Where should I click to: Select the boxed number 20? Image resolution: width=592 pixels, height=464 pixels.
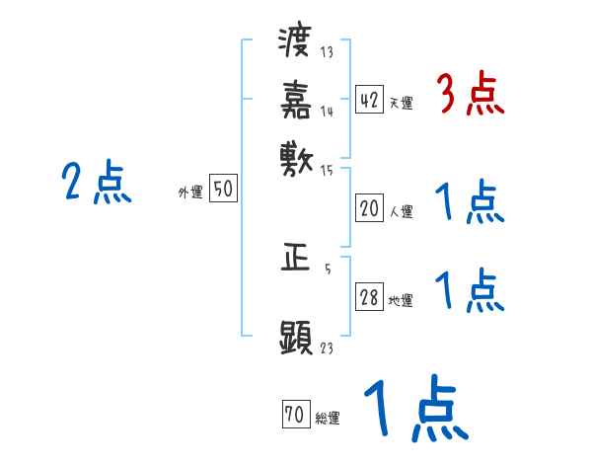coord(369,208)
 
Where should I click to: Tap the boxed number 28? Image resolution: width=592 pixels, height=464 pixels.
coord(369,298)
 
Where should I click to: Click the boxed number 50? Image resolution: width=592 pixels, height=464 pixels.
coord(223,190)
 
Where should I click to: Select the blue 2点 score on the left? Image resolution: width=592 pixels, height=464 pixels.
coord(97,183)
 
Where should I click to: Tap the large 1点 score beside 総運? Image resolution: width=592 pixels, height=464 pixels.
coord(413,411)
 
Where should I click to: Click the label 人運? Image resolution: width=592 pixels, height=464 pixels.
coord(401,211)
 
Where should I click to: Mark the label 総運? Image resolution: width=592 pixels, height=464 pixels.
coord(328,419)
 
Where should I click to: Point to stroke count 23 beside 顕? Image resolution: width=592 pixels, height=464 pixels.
coord(328,348)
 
